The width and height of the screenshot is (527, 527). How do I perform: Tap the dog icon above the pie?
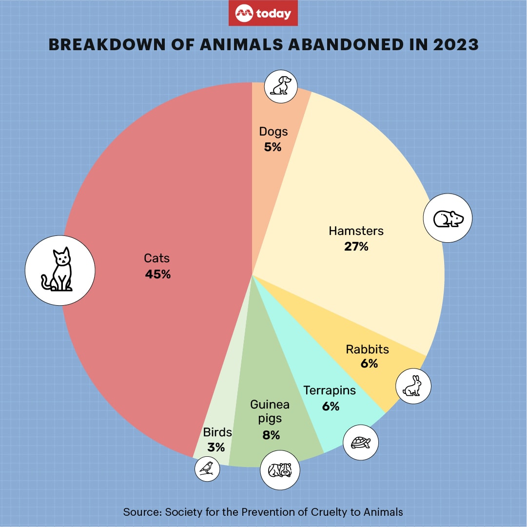pyautogui.click(x=281, y=85)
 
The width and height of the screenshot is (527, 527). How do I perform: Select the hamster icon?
pyautogui.click(x=449, y=219)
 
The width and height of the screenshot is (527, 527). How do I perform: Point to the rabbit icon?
pyautogui.click(x=413, y=386)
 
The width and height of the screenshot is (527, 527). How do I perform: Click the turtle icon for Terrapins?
pyautogui.click(x=361, y=443)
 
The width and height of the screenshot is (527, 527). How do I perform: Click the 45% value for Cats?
pyautogui.click(x=157, y=274)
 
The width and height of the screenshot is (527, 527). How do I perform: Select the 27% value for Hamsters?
pyautogui.click(x=356, y=247)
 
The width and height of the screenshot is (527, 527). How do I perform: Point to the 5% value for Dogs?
pyautogui.click(x=273, y=147)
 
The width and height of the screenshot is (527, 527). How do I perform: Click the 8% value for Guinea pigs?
pyautogui.click(x=271, y=435)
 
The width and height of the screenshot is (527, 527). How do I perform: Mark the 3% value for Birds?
pyautogui.click(x=216, y=447)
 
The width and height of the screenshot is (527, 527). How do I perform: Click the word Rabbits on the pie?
pyautogui.click(x=367, y=350)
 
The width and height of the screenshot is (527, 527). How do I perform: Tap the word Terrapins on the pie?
pyautogui.click(x=330, y=390)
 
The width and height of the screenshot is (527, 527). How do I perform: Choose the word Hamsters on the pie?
pyautogui.click(x=356, y=231)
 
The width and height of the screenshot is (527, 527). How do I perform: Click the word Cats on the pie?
pyautogui.click(x=156, y=258)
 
